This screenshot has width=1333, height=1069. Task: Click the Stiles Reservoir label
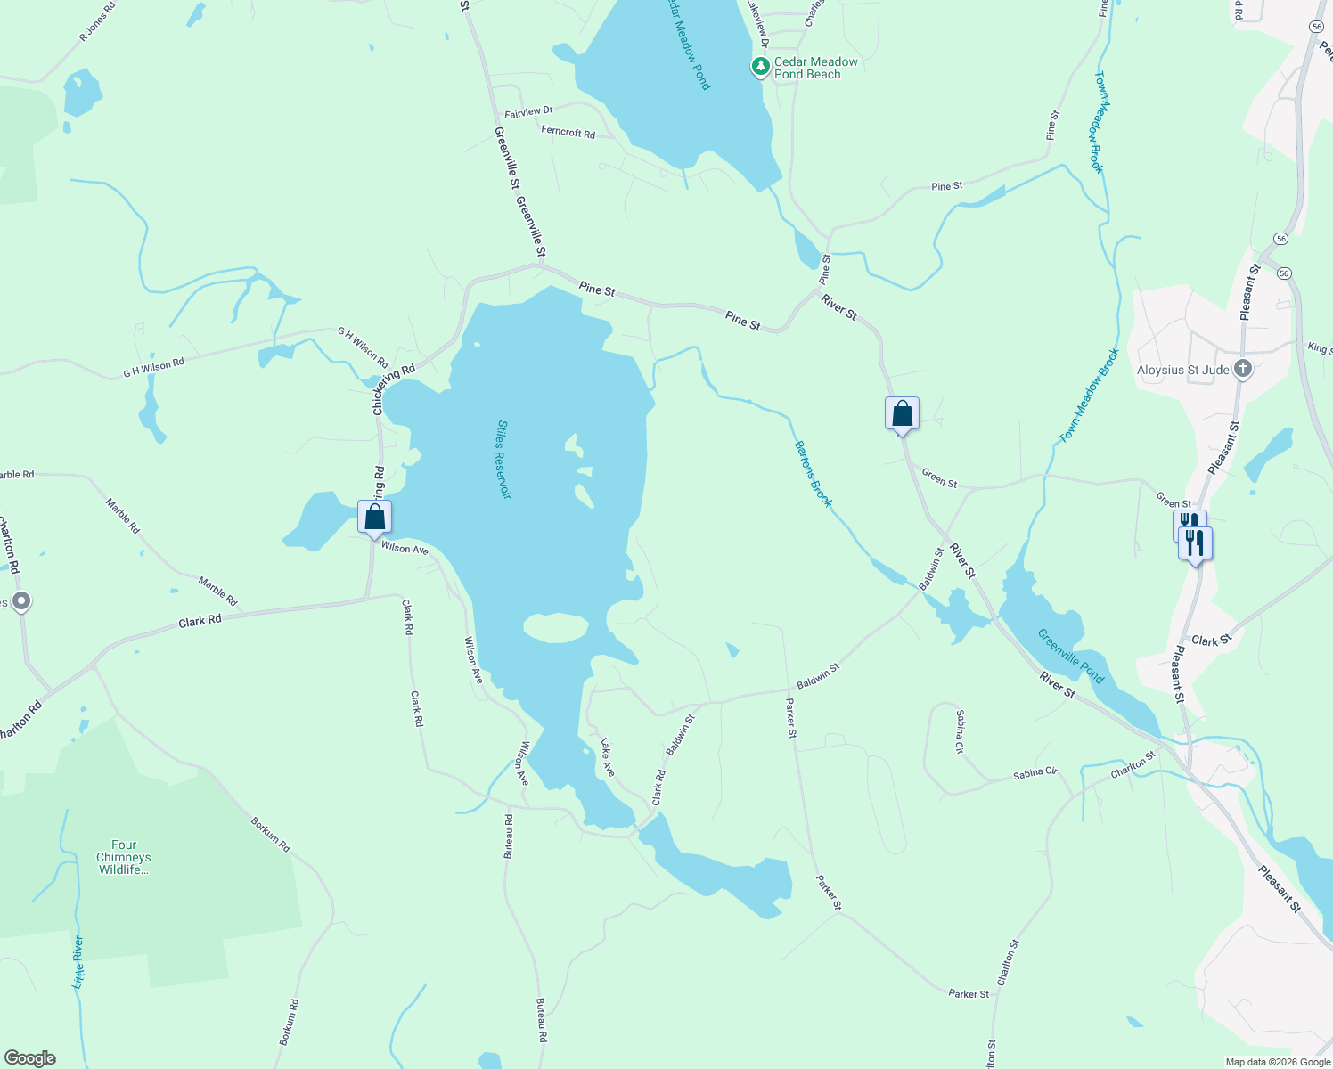504,459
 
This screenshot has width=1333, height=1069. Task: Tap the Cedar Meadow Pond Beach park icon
760,66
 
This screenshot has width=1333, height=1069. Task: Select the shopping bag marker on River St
902,414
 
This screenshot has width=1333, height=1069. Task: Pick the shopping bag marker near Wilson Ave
375,517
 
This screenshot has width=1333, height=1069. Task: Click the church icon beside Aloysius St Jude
1243,369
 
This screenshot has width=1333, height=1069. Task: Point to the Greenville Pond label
1070,656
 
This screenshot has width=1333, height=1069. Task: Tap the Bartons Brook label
813,474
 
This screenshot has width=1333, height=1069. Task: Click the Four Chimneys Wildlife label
124,857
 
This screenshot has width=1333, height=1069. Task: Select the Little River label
78,962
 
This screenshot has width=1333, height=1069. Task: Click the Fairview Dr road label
528,112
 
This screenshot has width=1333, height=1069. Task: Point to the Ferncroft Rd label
568,132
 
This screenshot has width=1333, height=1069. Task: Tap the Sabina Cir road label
1035,773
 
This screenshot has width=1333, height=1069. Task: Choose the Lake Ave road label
607,756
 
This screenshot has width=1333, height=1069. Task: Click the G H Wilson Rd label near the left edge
153,367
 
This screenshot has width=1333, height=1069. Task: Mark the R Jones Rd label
97,25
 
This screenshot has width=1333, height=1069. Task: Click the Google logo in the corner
29,1058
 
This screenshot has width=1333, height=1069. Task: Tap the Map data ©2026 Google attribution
1277,1062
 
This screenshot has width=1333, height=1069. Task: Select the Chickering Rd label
394,389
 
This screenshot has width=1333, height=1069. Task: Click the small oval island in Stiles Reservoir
555,628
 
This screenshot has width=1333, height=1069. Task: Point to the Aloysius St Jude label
1183,370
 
